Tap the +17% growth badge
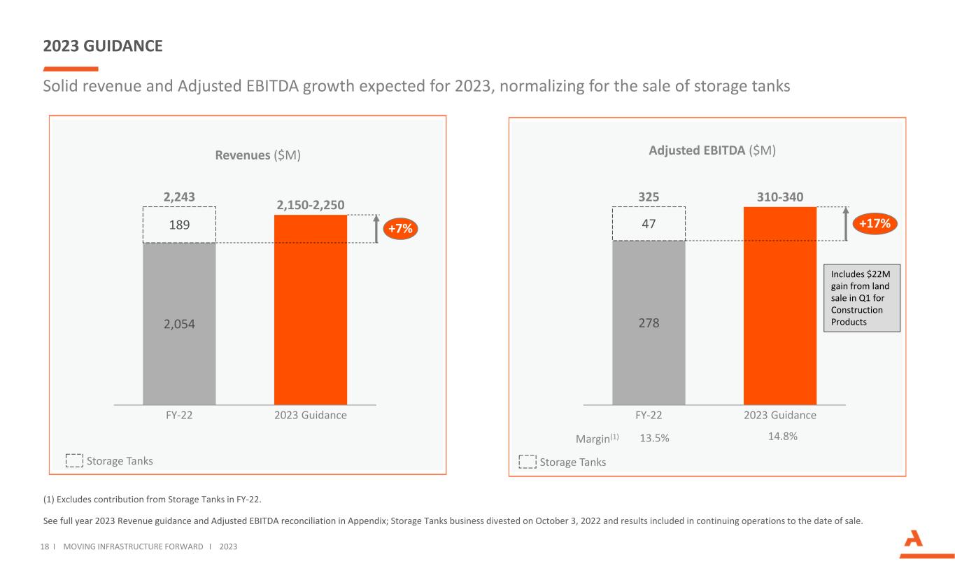(875, 224)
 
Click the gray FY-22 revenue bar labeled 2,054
(179, 323)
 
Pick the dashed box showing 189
(179, 224)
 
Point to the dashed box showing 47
(649, 223)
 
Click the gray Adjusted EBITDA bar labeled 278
(649, 323)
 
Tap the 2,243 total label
(179, 198)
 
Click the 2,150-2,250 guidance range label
(311, 204)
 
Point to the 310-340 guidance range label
(779, 198)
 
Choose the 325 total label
(649, 198)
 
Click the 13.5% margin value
(655, 439)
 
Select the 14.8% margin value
(782, 436)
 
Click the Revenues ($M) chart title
(257, 155)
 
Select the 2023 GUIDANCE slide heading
(103, 46)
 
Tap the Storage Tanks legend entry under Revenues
(111, 461)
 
